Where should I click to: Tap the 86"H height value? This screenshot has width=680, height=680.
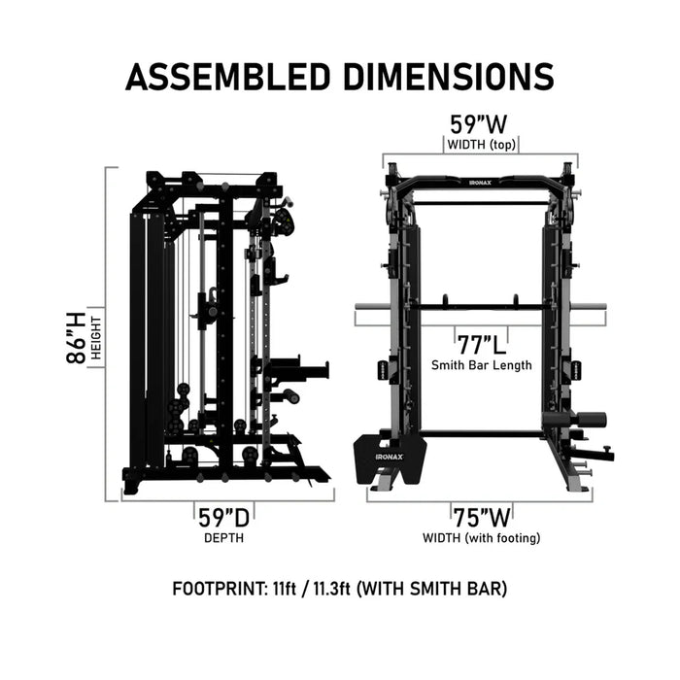tap(76, 336)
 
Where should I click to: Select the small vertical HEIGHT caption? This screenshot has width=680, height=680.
tap(97, 336)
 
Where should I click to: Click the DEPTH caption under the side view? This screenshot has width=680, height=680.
tap(223, 537)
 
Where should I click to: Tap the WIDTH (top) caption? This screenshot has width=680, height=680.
tap(481, 146)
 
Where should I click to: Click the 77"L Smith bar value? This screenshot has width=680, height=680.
tap(481, 344)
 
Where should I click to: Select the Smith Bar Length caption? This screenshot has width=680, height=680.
tap(481, 365)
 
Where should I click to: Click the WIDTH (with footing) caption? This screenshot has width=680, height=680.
tap(481, 537)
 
